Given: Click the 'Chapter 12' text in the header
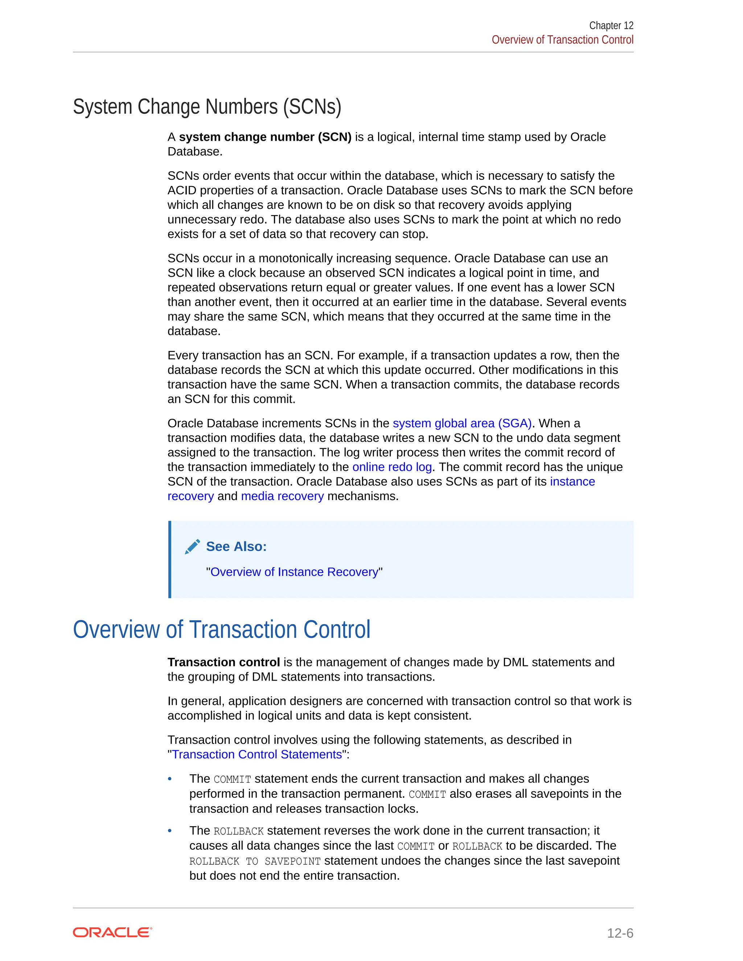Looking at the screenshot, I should coord(611,25).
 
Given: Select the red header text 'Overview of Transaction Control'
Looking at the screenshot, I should coord(562,40).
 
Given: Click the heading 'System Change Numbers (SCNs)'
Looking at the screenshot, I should coord(207,107).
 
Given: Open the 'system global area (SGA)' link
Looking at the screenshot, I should coord(462,423).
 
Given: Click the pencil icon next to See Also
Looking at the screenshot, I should coord(192,547).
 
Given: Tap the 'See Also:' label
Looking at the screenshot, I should coord(237,547).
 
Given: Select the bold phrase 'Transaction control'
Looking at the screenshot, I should coord(223,662).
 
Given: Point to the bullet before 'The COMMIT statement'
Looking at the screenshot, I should coord(170,779).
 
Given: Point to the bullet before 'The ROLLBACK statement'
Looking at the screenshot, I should coord(170,831).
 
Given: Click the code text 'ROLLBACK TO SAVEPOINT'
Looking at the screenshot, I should coord(255,861).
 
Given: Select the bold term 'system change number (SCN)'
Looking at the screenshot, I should coord(265,137).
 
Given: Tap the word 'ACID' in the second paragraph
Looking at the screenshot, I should coord(182,190).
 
